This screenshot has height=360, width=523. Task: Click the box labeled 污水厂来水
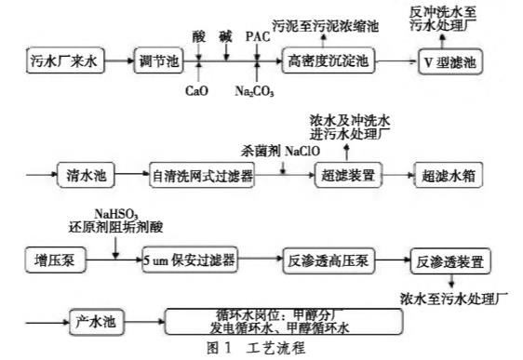point(62,64)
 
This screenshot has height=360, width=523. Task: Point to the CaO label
point(198,91)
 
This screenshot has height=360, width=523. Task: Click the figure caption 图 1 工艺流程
point(261,350)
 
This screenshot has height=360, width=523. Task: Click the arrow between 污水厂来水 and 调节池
point(117,64)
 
